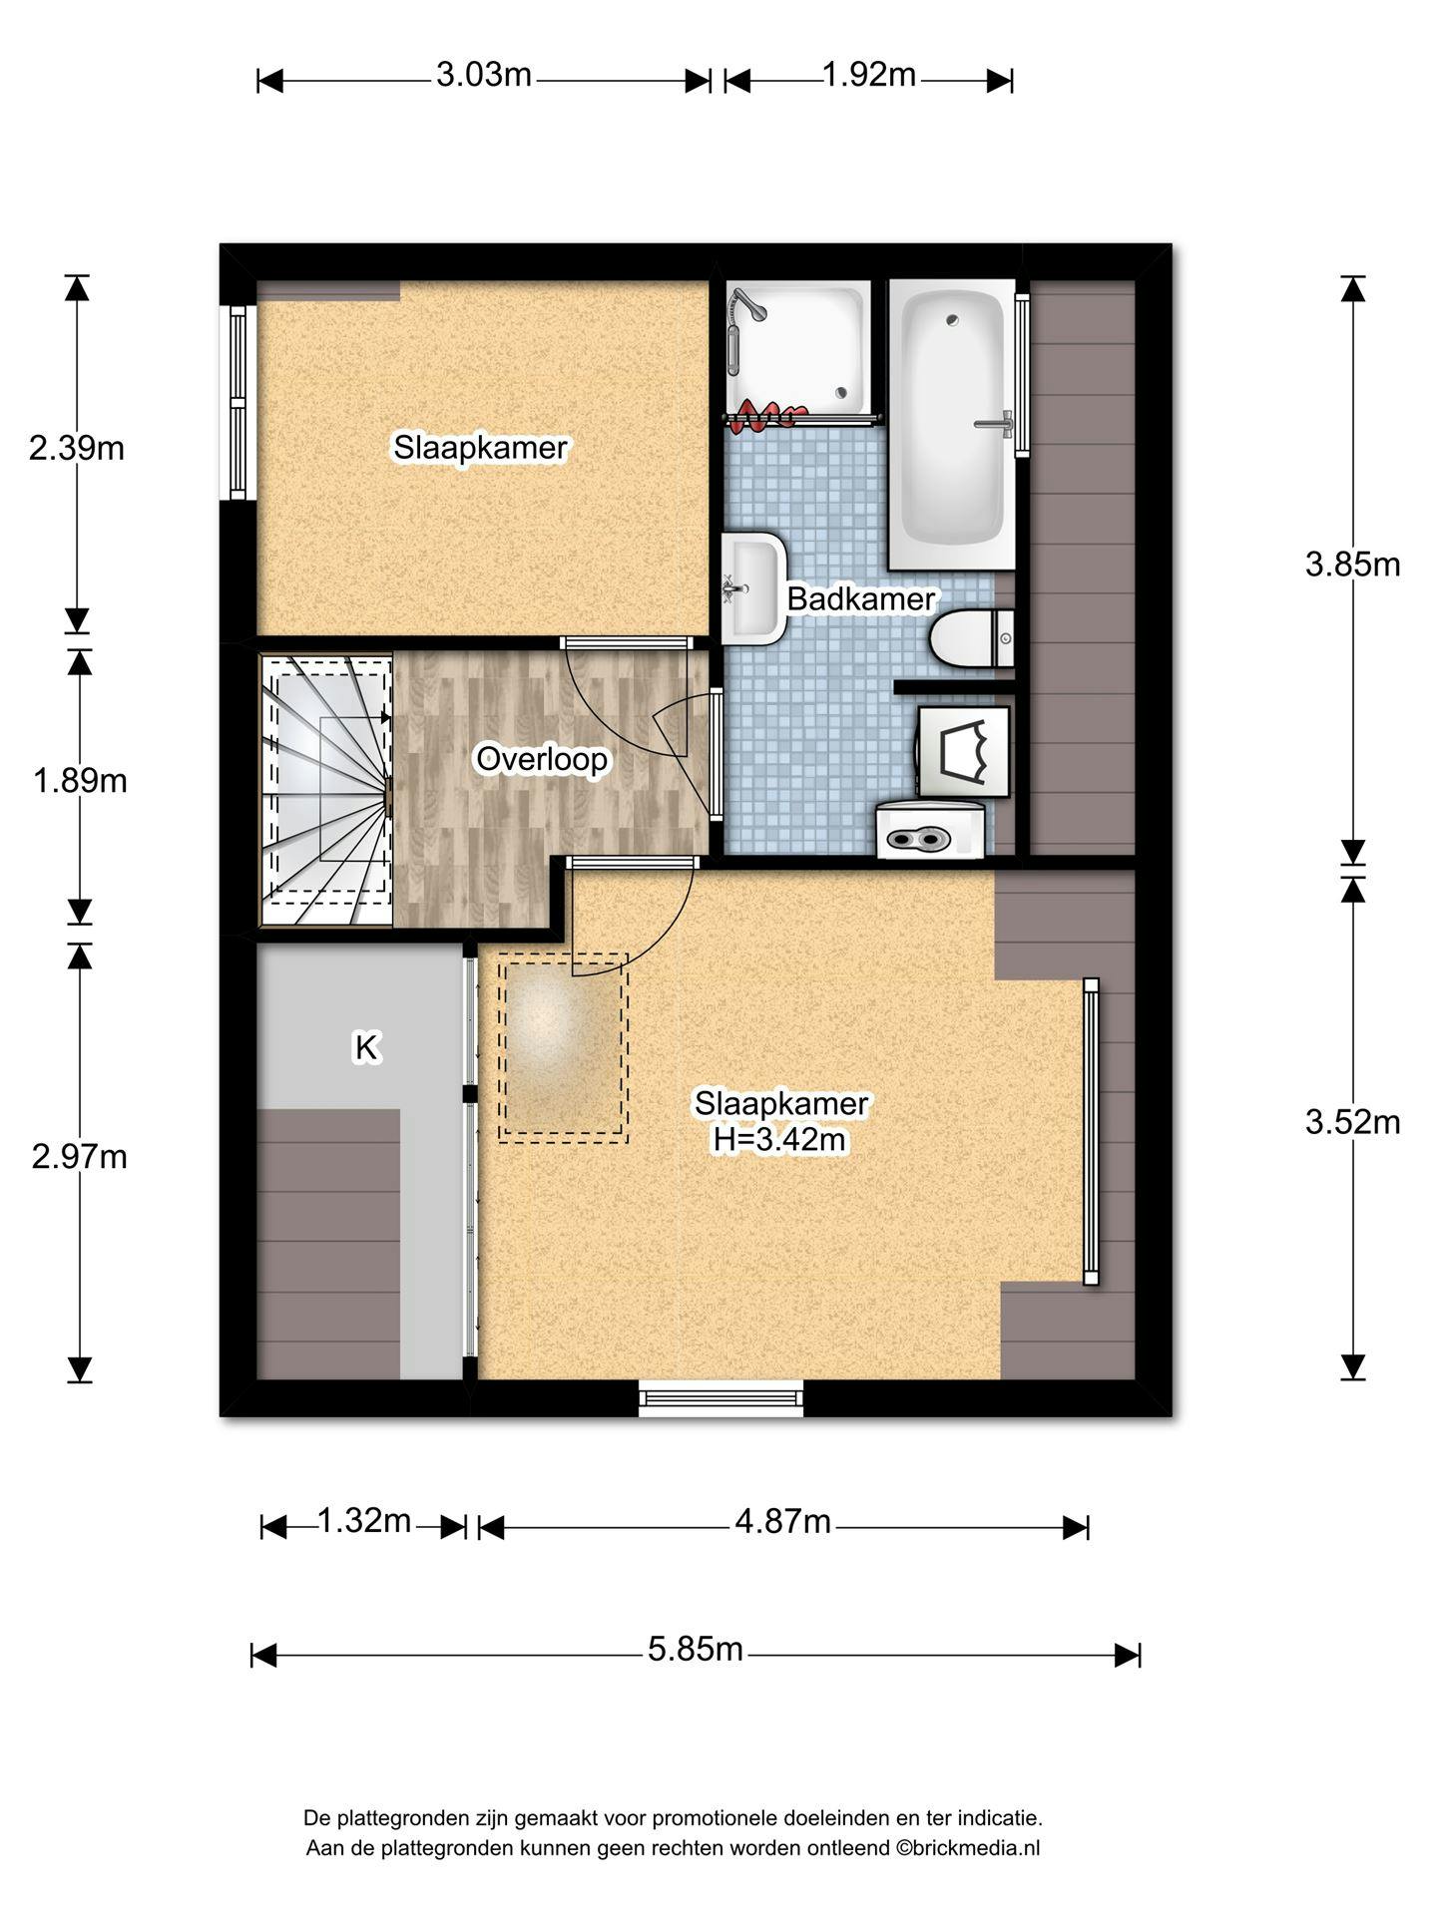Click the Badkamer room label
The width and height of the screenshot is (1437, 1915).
(860, 598)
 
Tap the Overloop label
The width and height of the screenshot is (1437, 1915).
(542, 759)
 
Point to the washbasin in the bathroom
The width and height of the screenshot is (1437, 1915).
(753, 588)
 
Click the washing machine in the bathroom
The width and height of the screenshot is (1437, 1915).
(930, 830)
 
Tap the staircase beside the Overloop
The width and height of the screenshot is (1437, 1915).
(326, 790)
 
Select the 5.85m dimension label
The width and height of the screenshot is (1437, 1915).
(696, 1649)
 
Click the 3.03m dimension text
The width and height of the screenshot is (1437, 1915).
(484, 75)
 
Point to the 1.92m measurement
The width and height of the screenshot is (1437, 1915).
(869, 75)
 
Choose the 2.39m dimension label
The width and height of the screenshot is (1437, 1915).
(77, 449)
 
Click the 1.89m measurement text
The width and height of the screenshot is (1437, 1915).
(80, 781)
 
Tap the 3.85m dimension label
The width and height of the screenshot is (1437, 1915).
(1353, 565)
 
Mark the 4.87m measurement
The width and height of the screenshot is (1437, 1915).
(783, 1521)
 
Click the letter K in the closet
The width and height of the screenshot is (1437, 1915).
(366, 1048)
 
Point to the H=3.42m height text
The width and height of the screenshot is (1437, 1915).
(779, 1139)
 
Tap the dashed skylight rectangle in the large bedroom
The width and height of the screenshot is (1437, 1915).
(563, 1047)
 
